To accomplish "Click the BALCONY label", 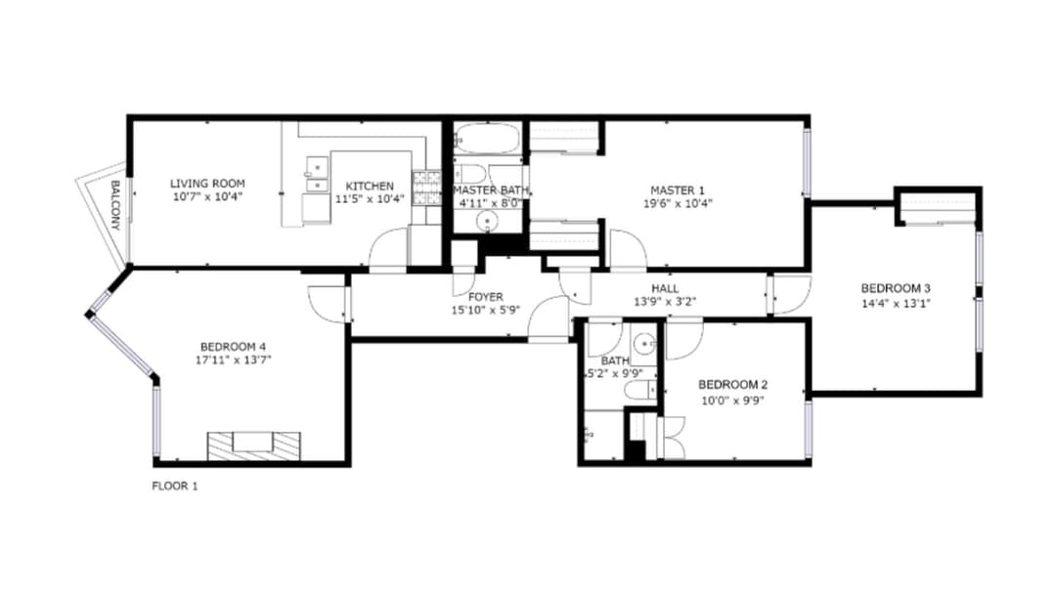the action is [x=115, y=205].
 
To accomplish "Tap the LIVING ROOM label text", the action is [x=207, y=183].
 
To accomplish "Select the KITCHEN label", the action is [x=370, y=186].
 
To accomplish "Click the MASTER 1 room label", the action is [x=678, y=191].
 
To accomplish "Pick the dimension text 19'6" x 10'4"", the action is [x=678, y=203].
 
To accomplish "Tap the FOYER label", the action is [x=486, y=297].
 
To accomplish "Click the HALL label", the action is [x=665, y=288].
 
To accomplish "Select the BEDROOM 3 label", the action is [x=896, y=288].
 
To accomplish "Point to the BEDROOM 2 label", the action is [x=732, y=385].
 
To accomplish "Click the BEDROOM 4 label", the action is [x=233, y=347].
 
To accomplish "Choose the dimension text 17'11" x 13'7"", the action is [x=233, y=360].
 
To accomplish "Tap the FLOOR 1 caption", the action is [x=175, y=486].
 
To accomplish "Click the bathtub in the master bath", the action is [x=487, y=139].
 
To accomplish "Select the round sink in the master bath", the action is [x=486, y=220].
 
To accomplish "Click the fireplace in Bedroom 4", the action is [x=254, y=446].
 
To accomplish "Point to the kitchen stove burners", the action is [x=426, y=188].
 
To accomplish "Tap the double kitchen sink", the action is [x=317, y=174].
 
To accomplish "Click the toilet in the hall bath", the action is [x=640, y=390].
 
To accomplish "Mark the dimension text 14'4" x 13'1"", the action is [x=896, y=303].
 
